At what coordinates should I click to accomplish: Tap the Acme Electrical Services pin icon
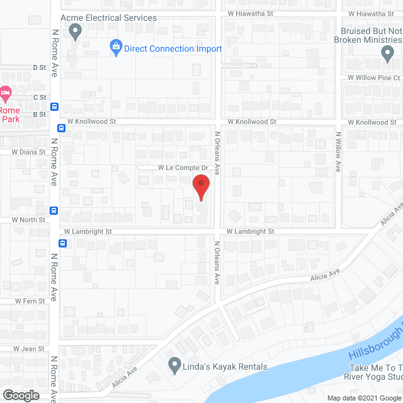pyautogui.click(x=76, y=30)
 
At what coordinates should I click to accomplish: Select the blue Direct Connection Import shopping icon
pyautogui.click(x=116, y=47)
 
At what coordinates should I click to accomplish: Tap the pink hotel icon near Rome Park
pyautogui.click(x=5, y=95)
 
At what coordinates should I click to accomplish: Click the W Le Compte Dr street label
pyautogui.click(x=183, y=168)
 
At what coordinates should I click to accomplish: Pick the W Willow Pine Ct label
pyautogui.click(x=373, y=77)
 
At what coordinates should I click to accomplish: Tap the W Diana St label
pyautogui.click(x=29, y=152)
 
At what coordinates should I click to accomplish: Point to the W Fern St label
pyautogui.click(x=30, y=302)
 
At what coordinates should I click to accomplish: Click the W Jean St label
pyautogui.click(x=29, y=349)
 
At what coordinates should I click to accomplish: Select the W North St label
pyautogui.click(x=29, y=220)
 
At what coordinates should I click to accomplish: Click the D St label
pyautogui.click(x=40, y=67)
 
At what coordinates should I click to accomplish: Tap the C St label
pyautogui.click(x=40, y=97)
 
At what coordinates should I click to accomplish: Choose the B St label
pyautogui.click(x=40, y=114)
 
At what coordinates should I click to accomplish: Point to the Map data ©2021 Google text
pyautogui.click(x=363, y=398)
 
